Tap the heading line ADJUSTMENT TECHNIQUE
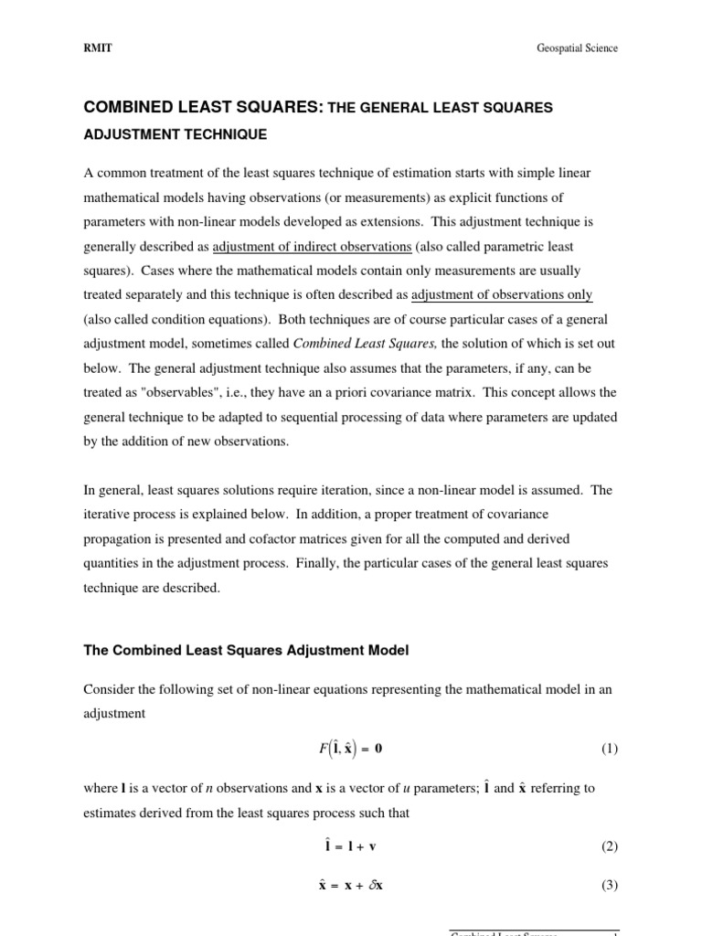click(x=175, y=134)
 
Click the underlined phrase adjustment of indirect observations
click(x=312, y=246)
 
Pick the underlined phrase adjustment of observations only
click(x=502, y=294)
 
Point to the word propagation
click(x=116, y=538)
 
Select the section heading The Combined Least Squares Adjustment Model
click(x=246, y=651)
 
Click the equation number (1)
click(x=609, y=749)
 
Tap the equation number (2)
click(x=609, y=846)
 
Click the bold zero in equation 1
click(x=378, y=749)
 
